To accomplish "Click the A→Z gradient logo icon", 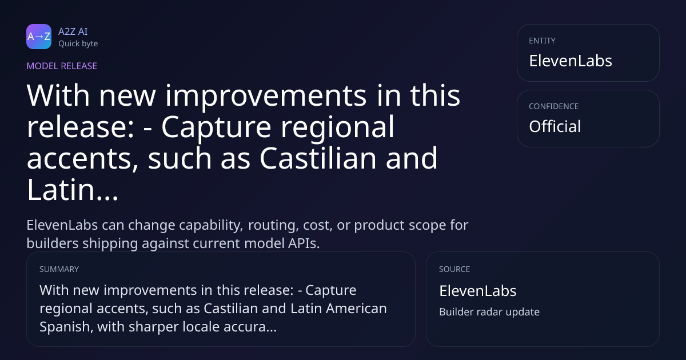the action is click(x=39, y=37).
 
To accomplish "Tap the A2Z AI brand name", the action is click(x=73, y=31).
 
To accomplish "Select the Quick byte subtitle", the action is click(x=78, y=44).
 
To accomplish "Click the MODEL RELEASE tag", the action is click(x=62, y=66).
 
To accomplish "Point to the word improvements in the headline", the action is click(x=266, y=96).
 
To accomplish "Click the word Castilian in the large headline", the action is click(x=318, y=158).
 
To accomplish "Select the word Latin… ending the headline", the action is click(x=72, y=190).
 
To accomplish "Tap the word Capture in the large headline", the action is click(x=216, y=128).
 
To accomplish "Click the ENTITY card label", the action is click(x=542, y=41).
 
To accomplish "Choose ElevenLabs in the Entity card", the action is click(x=571, y=61).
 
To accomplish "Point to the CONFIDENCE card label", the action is click(x=554, y=106).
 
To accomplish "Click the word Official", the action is click(x=555, y=126).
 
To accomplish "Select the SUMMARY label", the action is click(x=59, y=269).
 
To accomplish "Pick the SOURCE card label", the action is click(x=454, y=269).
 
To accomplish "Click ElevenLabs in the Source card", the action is click(x=478, y=291).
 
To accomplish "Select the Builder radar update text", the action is click(x=489, y=312).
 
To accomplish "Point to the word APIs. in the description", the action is click(x=304, y=243).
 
